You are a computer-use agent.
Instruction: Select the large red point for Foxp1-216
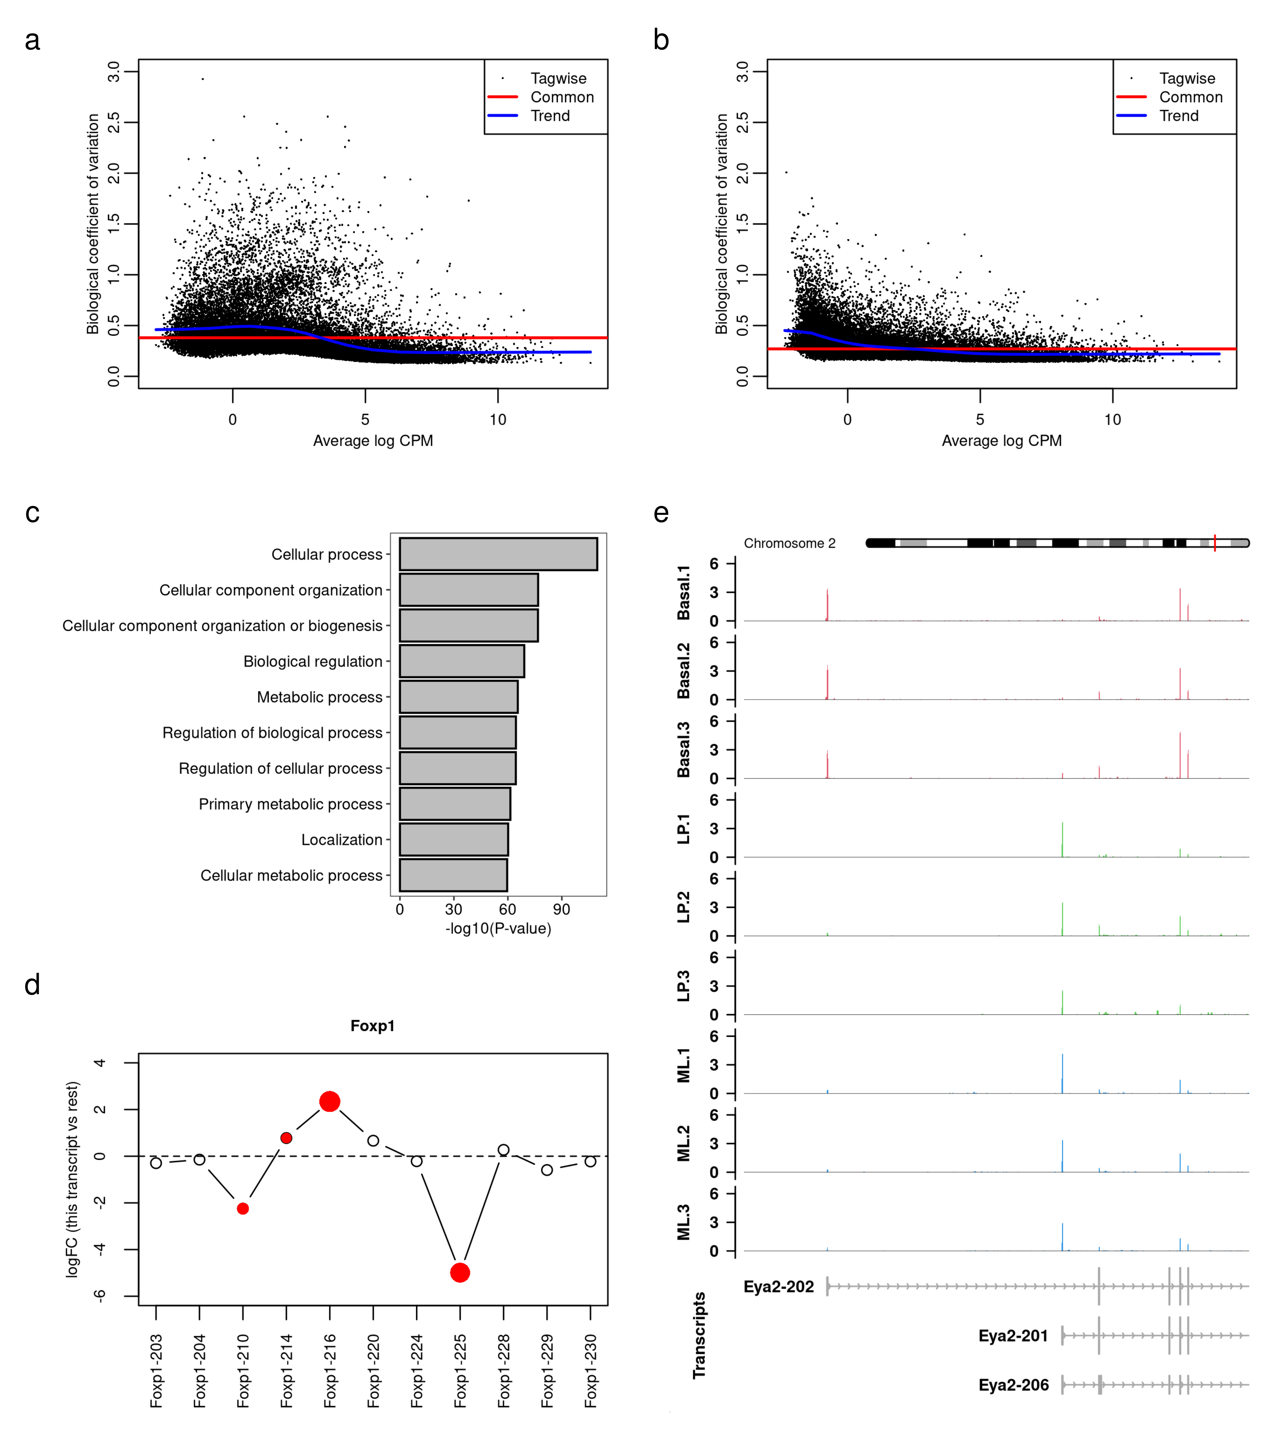(x=330, y=1101)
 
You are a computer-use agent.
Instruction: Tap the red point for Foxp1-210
(x=243, y=1209)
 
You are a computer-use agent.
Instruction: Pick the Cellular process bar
(x=498, y=554)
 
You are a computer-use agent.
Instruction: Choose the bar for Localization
(x=454, y=840)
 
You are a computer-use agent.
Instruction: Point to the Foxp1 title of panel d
(x=373, y=1026)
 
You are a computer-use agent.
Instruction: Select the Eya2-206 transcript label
(x=1013, y=1385)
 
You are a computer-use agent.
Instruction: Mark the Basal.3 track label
(x=683, y=750)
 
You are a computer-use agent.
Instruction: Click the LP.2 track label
(x=683, y=907)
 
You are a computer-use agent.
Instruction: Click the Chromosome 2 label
(x=789, y=543)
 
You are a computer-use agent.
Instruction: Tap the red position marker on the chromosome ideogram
(x=1215, y=543)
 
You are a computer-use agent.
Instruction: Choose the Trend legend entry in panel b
(x=1179, y=116)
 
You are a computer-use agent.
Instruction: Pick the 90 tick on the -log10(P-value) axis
(x=562, y=909)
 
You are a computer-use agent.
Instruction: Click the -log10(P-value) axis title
(x=498, y=928)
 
